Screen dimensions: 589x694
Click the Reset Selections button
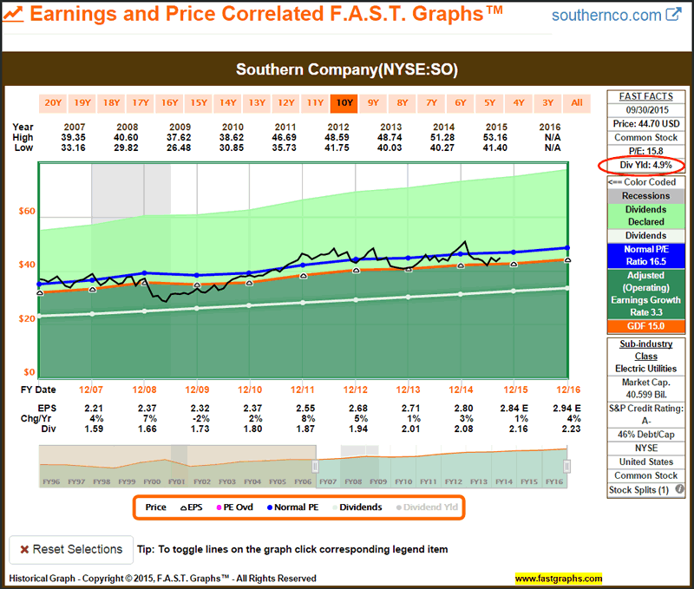coord(70,549)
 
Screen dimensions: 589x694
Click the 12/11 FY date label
coord(302,389)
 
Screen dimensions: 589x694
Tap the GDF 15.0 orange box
coord(640,325)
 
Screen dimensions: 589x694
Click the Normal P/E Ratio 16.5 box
coord(640,253)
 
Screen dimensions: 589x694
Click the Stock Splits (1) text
coord(640,490)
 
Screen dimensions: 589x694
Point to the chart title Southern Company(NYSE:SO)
coord(346,69)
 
